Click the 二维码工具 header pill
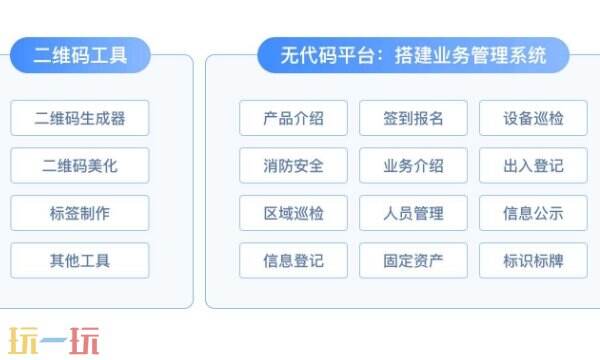pos(80,56)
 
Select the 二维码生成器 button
pos(80,118)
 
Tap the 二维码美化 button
pos(80,165)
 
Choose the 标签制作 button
pos(80,213)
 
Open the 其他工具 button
pos(80,261)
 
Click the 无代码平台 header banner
pos(412,56)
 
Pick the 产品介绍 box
pos(293,118)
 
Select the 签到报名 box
pos(413,118)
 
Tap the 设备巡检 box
pos(533,118)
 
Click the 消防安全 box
pos(293,165)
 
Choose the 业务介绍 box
pos(413,165)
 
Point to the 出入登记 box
pos(533,165)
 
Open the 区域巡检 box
pos(293,213)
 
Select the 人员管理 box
pos(413,213)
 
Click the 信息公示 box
pos(533,213)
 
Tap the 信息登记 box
pos(293,261)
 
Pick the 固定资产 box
pos(413,261)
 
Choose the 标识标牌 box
pos(533,261)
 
